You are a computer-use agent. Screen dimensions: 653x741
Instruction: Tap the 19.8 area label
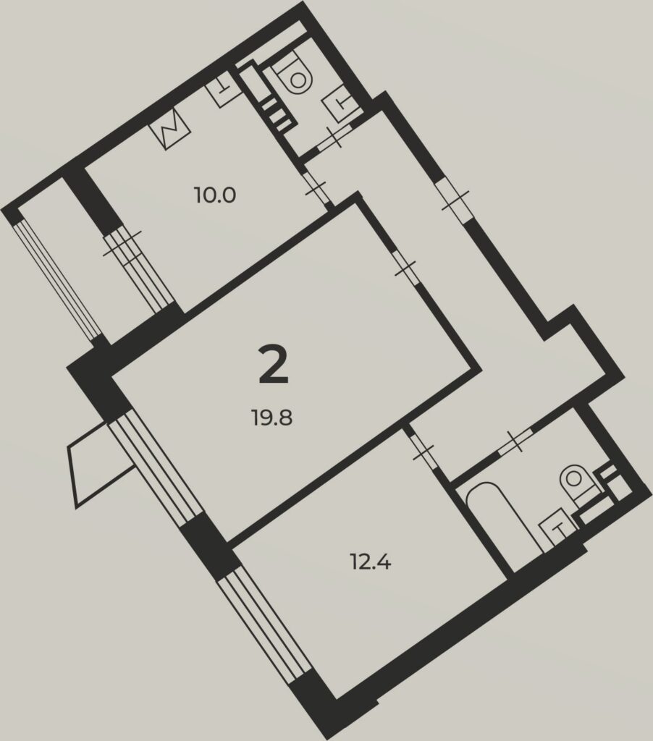pyautogui.click(x=272, y=418)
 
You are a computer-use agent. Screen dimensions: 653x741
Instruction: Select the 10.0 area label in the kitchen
pyautogui.click(x=215, y=195)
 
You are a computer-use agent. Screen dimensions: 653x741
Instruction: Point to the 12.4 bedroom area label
pyautogui.click(x=370, y=563)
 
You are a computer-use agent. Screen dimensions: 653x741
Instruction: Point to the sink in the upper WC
pyautogui.click(x=342, y=104)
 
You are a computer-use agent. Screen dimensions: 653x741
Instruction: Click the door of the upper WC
pyautogui.click(x=334, y=137)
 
